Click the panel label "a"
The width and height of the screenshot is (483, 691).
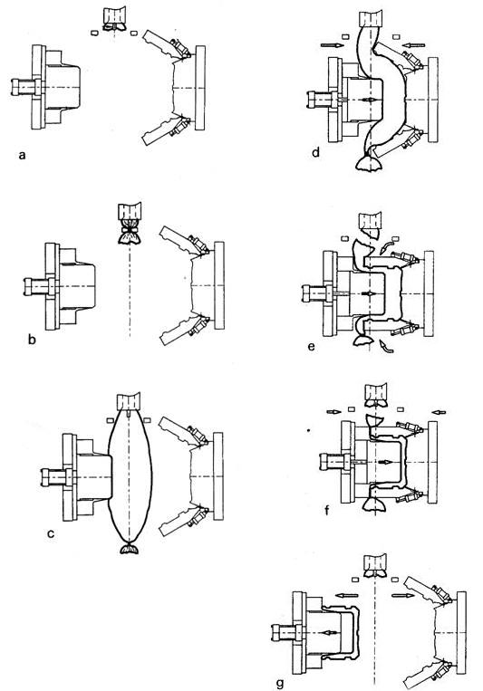point(23,155)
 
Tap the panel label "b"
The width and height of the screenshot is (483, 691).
point(32,340)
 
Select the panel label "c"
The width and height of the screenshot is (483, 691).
point(51,534)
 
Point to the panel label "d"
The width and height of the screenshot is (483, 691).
point(315,152)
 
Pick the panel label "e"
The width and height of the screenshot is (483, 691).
point(312,346)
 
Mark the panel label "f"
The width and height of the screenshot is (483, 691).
point(326,510)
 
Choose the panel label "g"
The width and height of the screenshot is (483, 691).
point(280,684)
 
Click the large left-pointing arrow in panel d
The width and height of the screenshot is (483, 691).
point(414,44)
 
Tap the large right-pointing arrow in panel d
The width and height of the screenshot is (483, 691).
point(332,44)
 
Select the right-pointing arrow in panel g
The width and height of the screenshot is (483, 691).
point(402,596)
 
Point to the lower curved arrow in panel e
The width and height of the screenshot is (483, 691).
point(387,346)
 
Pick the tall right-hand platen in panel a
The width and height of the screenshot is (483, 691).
point(200,88)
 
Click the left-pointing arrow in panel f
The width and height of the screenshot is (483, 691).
point(439,412)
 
